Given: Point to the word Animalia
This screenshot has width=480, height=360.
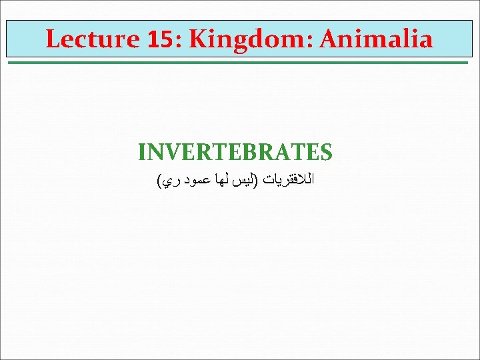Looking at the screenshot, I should (x=376, y=39).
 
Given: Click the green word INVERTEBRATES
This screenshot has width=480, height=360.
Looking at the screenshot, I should (x=235, y=153).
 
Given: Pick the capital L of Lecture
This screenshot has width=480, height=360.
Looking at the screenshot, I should (x=52, y=39).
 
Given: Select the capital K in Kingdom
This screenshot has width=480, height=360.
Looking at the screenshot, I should (x=197, y=39).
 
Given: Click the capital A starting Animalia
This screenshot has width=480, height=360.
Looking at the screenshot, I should (x=329, y=39).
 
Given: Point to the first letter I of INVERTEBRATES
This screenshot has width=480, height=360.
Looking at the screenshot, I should (x=142, y=153).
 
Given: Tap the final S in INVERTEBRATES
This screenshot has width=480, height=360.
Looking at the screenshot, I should (x=326, y=153).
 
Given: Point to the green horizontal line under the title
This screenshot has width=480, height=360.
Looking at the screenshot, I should (x=240, y=63).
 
